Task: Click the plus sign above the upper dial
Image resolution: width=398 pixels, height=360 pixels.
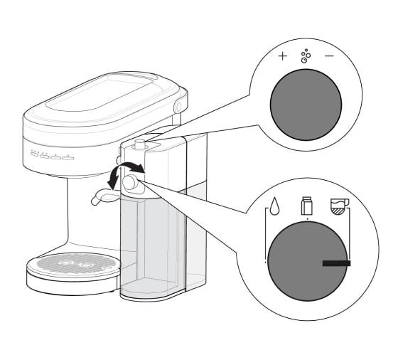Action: point(282,55)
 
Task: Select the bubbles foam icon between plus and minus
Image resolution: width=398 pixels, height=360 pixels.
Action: point(306,56)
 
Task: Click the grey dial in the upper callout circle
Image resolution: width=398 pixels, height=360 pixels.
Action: point(305,100)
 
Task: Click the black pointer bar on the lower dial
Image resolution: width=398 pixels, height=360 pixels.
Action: point(336,263)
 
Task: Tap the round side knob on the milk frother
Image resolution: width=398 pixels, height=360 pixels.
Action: point(129,183)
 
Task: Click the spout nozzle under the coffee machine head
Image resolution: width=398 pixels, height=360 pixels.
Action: point(97,201)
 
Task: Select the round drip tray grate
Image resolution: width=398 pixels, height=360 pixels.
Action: point(74,263)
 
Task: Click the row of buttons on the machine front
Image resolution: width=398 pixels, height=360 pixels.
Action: point(53,156)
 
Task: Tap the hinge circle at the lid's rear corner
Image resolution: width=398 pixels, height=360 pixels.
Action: point(177,105)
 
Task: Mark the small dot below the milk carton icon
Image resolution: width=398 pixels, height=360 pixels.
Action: point(307,221)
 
